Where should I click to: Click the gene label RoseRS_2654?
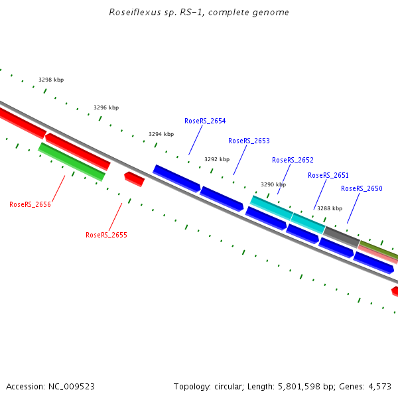205,121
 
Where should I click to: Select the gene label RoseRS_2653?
249,141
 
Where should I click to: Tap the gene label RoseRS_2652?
293,160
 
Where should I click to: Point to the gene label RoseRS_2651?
328,175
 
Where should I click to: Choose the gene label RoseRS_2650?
362,188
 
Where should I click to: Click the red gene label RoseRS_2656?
30,204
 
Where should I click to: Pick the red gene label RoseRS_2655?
106,235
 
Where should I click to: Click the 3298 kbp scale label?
51,80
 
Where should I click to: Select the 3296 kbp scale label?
106,107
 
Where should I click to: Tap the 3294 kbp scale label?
161,134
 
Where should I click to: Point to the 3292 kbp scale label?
217,159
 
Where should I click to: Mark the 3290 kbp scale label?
273,184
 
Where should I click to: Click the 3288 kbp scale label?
329,208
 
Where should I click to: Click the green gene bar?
72,161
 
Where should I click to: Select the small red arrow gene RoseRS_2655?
134,178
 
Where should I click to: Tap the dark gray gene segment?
341,237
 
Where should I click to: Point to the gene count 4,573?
379,386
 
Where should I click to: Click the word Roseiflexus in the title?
131,13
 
